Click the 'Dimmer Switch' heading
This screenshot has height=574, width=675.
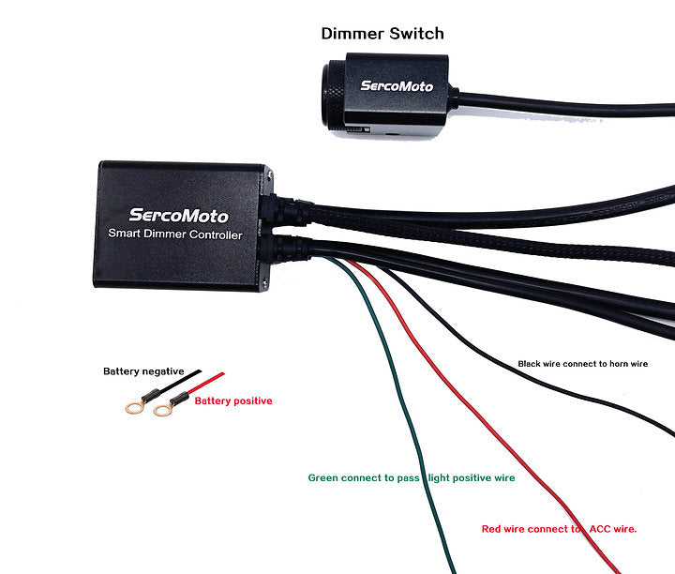point(382,34)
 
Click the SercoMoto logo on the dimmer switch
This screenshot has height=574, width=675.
point(397,86)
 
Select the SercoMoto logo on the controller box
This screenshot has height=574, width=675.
point(178,216)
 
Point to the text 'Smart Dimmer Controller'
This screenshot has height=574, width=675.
point(175,234)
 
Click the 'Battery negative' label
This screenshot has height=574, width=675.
point(143,371)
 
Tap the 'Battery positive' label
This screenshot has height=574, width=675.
point(233,401)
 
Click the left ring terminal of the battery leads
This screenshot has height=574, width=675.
point(134,409)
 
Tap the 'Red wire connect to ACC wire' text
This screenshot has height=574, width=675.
point(559,529)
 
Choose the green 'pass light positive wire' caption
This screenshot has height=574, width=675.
point(412,478)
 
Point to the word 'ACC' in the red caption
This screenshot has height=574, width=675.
point(599,529)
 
